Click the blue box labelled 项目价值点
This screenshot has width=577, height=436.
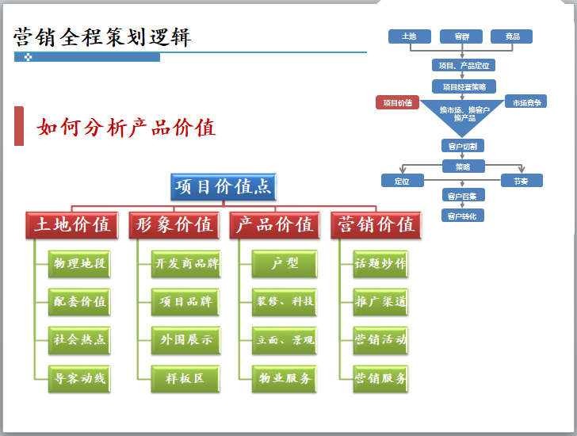(x=223, y=187)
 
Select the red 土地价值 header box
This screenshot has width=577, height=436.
(x=72, y=225)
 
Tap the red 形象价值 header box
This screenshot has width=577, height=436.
(x=174, y=225)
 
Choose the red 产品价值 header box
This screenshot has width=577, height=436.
(x=275, y=225)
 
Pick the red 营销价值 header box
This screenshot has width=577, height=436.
(x=376, y=225)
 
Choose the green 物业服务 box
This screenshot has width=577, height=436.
(x=285, y=378)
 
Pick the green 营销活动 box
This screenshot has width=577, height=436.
(x=380, y=340)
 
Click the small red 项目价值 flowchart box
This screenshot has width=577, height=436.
(x=397, y=102)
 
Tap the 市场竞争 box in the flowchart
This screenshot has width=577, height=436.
(x=526, y=102)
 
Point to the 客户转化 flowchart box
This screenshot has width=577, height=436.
(x=463, y=216)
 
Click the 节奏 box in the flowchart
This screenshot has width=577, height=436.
(x=520, y=181)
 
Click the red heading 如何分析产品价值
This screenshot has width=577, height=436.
(x=126, y=128)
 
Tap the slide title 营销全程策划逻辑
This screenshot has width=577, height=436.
(x=102, y=36)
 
